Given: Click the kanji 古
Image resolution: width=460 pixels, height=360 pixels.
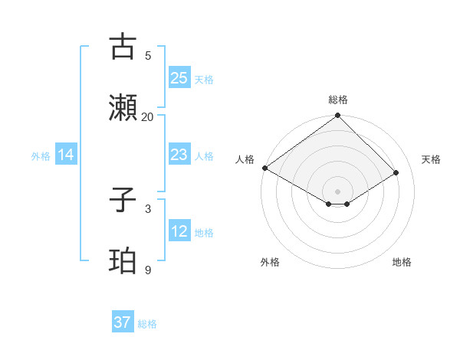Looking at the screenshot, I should coord(123,47).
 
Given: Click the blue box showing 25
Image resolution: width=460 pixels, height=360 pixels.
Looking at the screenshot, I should coord(179,78).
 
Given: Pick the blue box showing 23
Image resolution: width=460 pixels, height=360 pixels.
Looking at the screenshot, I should coord(179,155).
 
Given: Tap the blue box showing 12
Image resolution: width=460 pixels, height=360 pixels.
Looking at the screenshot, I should coord(179,231).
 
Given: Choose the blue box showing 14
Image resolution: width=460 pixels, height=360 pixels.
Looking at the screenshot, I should coord(66,155).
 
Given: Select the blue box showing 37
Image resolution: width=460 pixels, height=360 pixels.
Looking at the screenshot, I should coord(122,322).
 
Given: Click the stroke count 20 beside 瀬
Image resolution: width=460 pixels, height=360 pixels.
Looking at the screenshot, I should coord(147,116).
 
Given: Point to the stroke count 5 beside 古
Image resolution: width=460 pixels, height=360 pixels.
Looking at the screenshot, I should coord(147,55).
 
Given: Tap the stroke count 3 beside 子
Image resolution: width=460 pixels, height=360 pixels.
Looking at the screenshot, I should coord(147,208).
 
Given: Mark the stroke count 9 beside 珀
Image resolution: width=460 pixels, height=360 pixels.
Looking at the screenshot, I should coord(147,270).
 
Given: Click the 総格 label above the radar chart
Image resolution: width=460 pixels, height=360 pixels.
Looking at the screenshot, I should coord(338,100).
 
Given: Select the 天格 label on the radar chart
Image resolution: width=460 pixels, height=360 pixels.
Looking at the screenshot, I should coord(431,159).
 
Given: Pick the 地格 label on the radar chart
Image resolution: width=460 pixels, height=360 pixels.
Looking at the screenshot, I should coord(402,262).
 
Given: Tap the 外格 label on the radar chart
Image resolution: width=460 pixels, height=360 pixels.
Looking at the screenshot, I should coord(270,262).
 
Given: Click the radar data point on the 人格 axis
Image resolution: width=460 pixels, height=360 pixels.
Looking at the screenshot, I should coord(264,168).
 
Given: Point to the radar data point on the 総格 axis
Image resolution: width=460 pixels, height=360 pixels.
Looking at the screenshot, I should coord(338,116).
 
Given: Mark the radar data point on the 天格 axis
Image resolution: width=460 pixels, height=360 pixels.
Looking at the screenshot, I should coord(396,173).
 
